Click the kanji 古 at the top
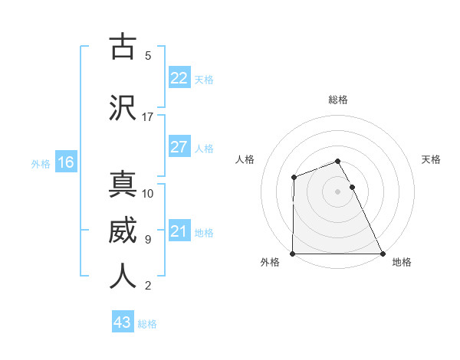coord(123,47)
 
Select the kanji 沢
coord(123,108)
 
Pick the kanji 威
coord(123,231)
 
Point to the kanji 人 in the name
coord(123,276)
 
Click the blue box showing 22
coord(179,78)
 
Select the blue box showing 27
coord(179,147)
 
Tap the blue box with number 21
coord(179,231)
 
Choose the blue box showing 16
coord(65,162)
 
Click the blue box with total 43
coord(123,322)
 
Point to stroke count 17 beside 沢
coord(148,116)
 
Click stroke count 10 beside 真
coord(148,193)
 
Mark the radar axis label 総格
coord(338,100)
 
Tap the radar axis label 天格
coord(432,159)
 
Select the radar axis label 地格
coord(402,262)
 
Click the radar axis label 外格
coord(270,262)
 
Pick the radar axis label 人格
coord(245,159)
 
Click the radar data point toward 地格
coord(383,254)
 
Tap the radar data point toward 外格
coord(293,254)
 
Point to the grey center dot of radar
coord(338,191)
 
